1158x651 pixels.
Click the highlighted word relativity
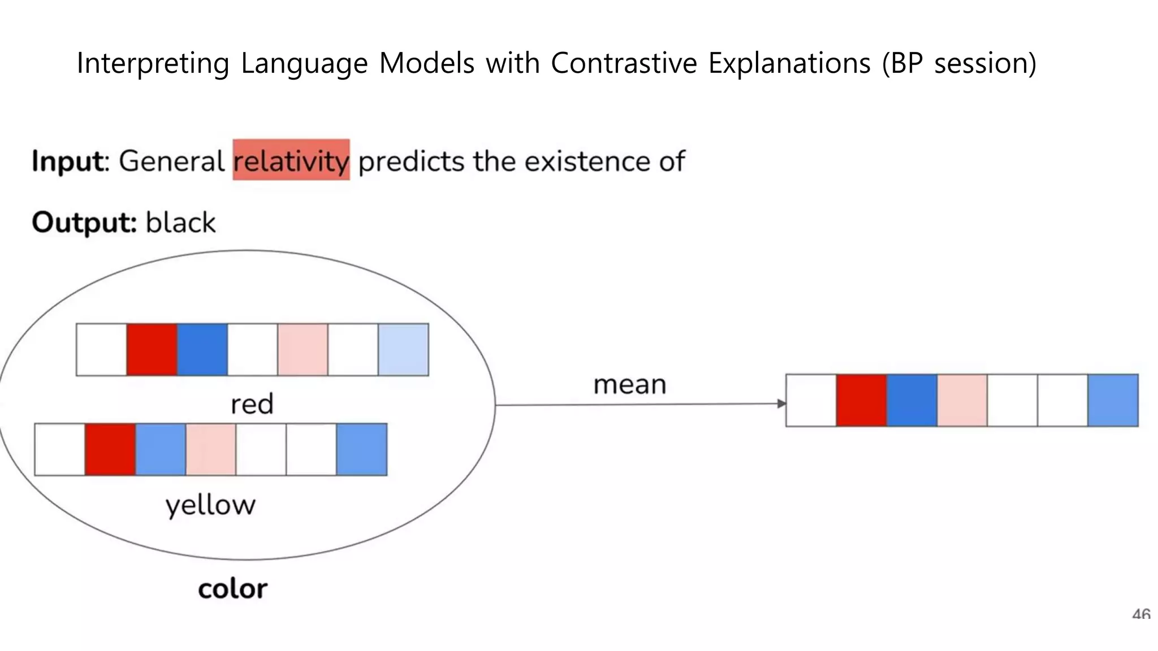[x=291, y=160]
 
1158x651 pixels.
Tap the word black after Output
[x=180, y=222]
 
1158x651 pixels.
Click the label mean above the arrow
[x=630, y=385]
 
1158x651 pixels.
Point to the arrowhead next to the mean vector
[x=781, y=403]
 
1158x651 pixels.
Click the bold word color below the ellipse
[x=232, y=589]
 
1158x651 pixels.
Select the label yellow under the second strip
[x=210, y=505]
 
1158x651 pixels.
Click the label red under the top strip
[x=252, y=404]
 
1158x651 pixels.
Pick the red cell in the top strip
[x=152, y=349]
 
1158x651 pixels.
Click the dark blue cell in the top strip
[x=202, y=349]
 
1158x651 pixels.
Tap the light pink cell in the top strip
[x=303, y=349]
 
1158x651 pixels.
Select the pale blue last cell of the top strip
[x=403, y=349]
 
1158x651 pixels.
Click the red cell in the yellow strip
[x=110, y=449]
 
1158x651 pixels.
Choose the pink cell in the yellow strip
[x=211, y=449]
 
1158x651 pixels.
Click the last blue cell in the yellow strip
[x=362, y=449]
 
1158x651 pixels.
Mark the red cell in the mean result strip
[x=861, y=400]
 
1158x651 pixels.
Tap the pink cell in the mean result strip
[x=962, y=400]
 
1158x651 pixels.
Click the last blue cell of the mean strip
[x=1113, y=400]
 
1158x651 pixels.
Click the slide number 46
[x=1141, y=614]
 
